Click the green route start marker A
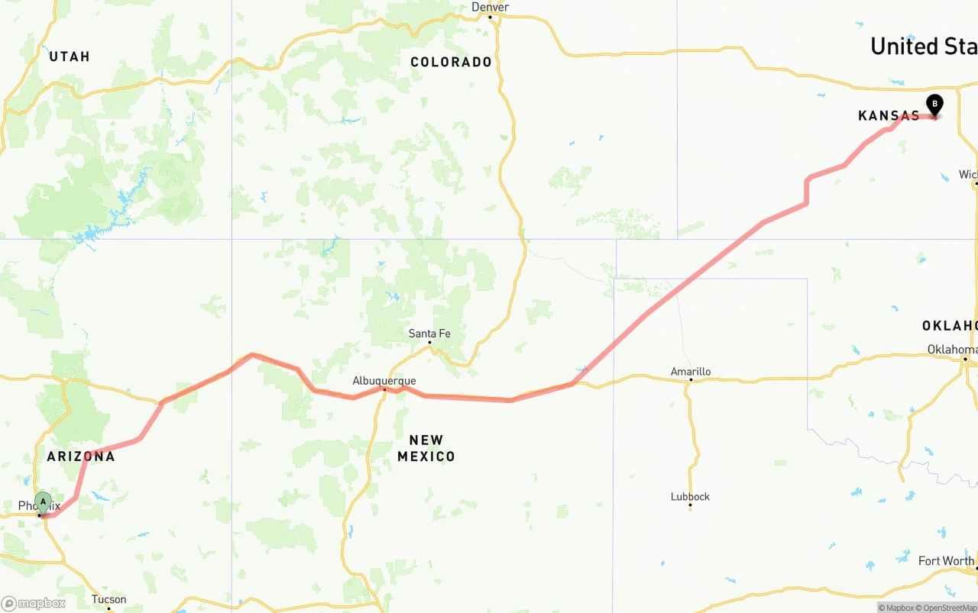[44, 502]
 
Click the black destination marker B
[934, 105]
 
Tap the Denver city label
[490, 7]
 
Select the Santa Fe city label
[429, 333]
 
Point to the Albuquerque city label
[384, 380]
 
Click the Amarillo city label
[691, 372]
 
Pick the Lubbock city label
[690, 496]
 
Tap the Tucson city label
[108, 599]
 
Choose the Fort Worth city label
[946, 561]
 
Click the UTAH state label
[70, 56]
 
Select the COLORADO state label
[451, 62]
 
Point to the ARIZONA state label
[81, 457]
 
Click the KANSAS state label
[889, 116]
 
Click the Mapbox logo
[34, 603]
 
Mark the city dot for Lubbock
[690, 505]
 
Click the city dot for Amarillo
[691, 379]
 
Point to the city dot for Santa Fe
[429, 342]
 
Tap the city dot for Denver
[490, 16]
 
